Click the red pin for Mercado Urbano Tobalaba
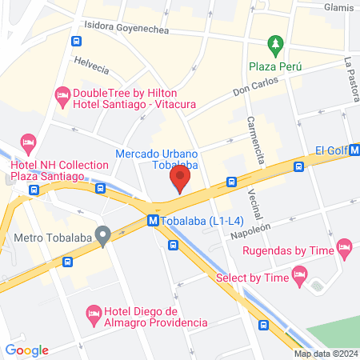[x=181, y=178]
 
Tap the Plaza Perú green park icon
[x=275, y=43]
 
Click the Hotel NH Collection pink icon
[x=28, y=145]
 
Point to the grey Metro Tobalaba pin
[x=102, y=236]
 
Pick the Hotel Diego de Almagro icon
[x=93, y=311]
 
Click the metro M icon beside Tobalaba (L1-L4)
[x=152, y=221]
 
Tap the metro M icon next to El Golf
[x=354, y=149]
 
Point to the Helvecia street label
[x=90, y=62]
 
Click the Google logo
[x=27, y=350]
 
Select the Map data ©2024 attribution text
[x=325, y=354]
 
